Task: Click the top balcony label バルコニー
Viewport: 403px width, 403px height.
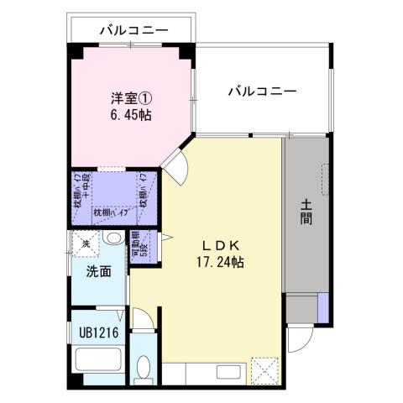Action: point(133,30)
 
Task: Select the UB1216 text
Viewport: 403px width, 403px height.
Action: point(99,332)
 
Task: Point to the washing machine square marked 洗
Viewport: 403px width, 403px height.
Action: point(86,243)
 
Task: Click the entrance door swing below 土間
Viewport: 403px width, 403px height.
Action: point(297,340)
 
